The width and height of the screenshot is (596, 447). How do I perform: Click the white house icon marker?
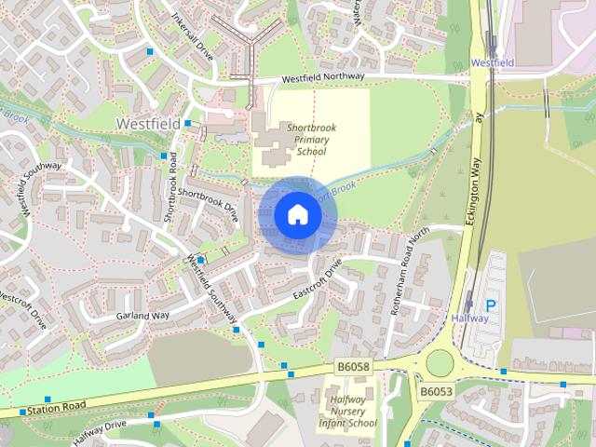tap(297, 214)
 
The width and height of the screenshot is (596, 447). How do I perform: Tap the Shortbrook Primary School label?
tap(311, 140)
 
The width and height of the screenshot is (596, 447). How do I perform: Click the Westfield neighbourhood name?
tap(148, 122)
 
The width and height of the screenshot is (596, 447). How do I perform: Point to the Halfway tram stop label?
tap(469, 318)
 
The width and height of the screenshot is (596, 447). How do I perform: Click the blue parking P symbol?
tap(491, 305)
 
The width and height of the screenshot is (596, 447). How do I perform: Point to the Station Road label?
tap(57, 407)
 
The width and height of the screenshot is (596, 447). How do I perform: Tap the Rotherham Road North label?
tap(410, 270)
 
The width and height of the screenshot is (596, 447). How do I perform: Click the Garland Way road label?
tap(143, 317)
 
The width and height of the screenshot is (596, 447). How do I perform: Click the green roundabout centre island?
tap(439, 362)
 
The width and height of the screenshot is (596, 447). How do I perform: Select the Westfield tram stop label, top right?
tap(494, 62)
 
